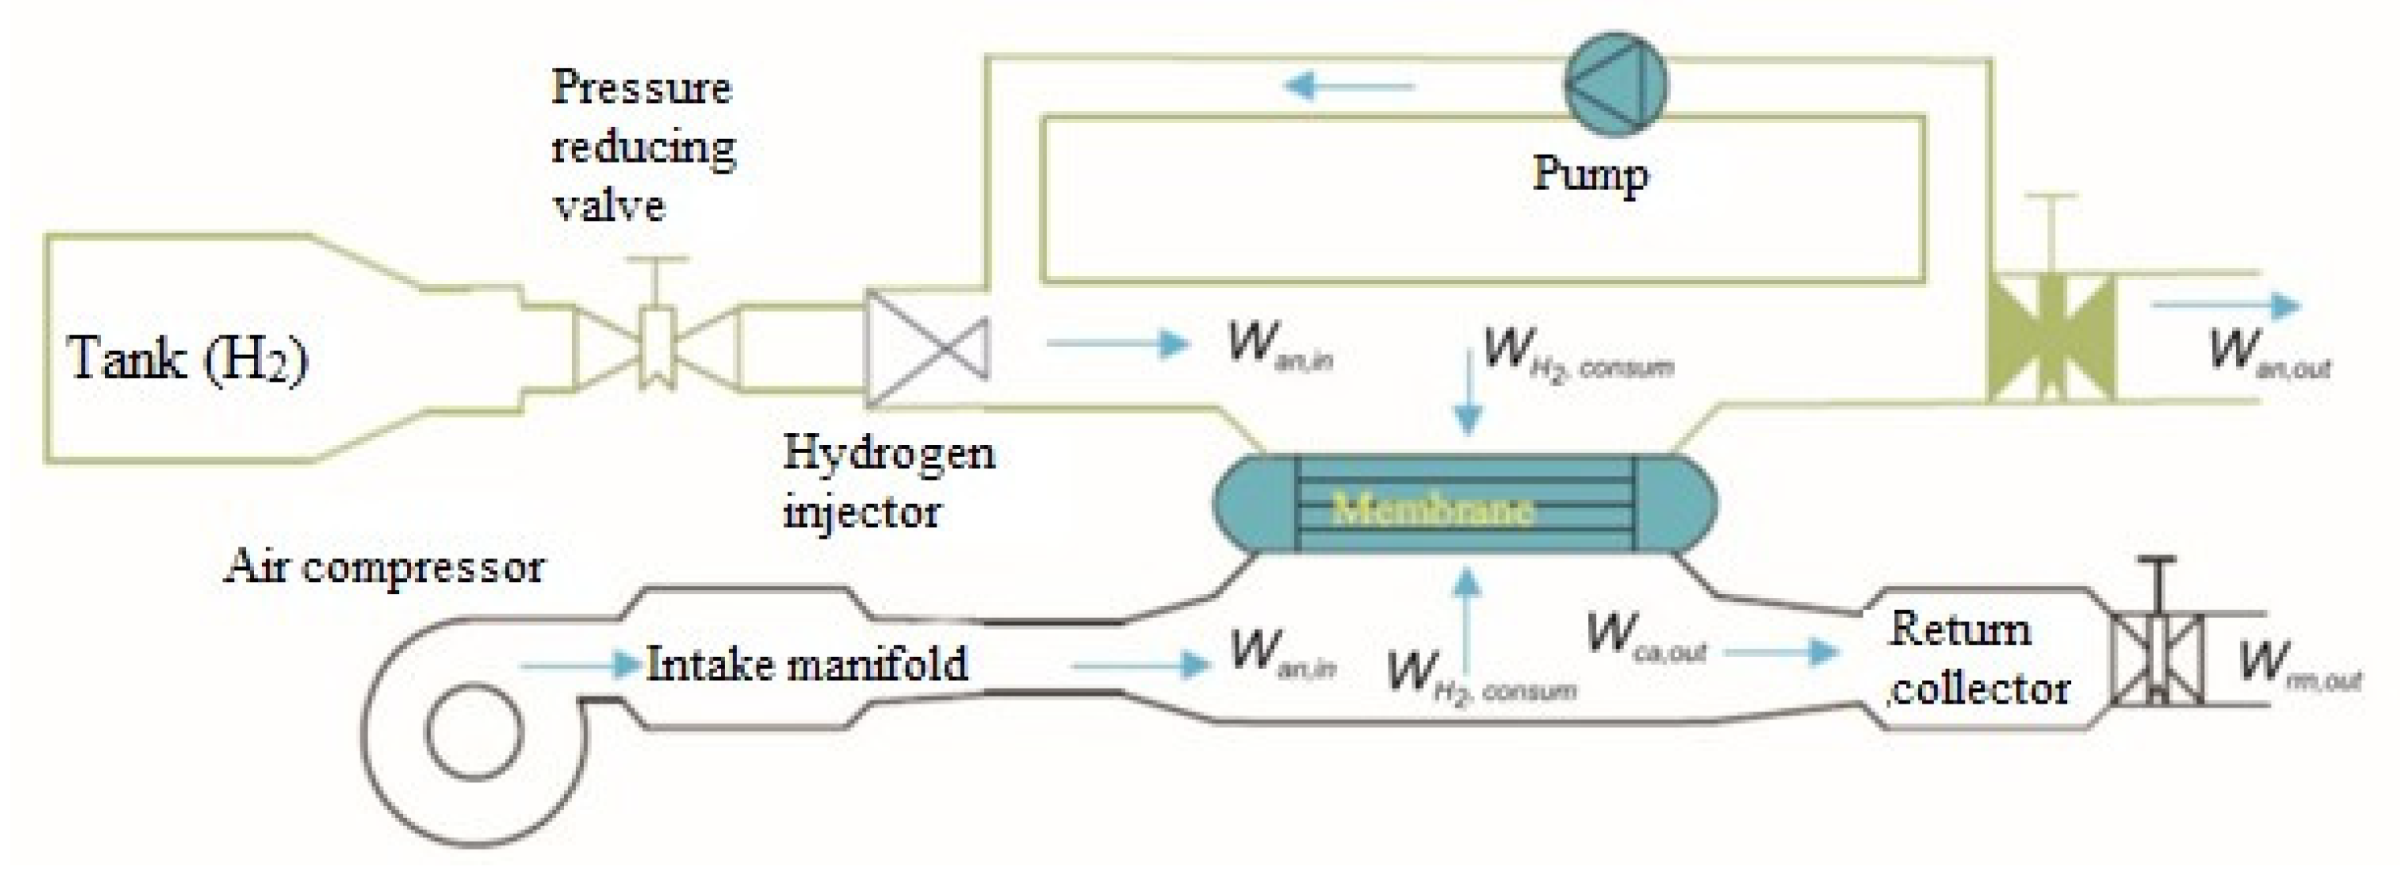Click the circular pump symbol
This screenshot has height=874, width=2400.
coord(1615,84)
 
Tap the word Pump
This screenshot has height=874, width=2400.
coord(1590,174)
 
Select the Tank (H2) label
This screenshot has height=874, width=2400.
coord(186,358)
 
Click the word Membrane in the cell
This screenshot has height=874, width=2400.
coord(1431,509)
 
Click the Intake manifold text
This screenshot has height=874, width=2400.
coord(807,664)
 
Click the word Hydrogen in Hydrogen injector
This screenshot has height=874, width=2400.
coord(888,454)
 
